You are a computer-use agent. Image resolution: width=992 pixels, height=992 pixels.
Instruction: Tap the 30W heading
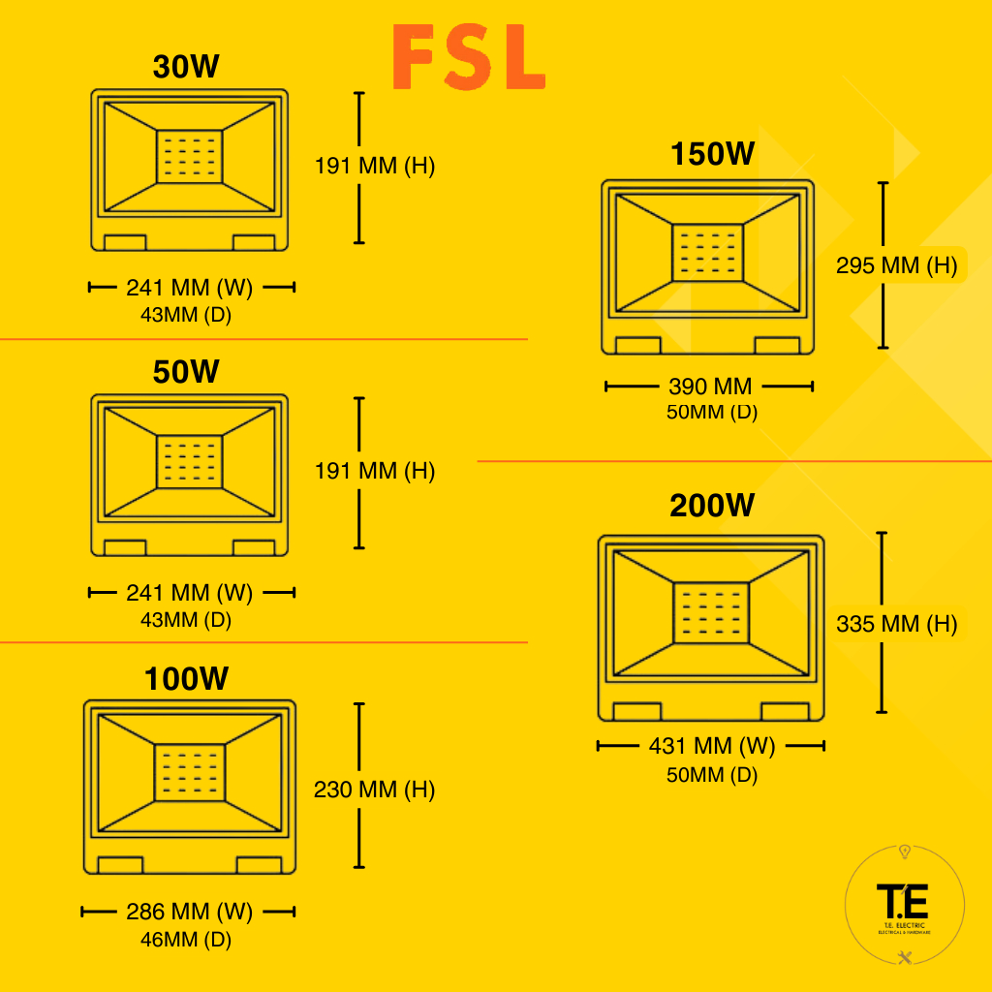coord(186,67)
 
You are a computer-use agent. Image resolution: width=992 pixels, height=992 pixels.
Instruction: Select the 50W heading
coord(186,372)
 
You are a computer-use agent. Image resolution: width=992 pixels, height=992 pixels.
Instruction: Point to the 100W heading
coord(186,679)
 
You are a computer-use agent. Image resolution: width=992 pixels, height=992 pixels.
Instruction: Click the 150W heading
coord(712,154)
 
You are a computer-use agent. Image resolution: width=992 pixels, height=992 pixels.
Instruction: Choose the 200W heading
coord(712,506)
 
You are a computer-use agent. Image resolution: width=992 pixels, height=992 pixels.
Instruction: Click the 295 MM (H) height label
coord(896,264)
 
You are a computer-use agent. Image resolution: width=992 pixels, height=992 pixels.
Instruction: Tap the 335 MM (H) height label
coord(896,625)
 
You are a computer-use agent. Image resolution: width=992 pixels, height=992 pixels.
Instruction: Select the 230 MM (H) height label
coord(374,790)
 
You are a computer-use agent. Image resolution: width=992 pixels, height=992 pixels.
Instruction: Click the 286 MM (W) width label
coord(189,912)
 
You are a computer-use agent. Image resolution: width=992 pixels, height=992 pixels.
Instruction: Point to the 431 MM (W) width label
coord(711,746)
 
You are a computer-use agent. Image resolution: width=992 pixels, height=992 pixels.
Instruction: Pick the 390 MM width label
coord(710,387)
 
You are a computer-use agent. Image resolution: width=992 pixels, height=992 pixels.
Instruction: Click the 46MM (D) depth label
coord(187,939)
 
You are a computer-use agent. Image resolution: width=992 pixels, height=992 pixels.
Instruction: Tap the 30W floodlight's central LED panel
coord(190,156)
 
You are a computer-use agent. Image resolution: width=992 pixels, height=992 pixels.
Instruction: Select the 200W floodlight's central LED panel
coord(711,612)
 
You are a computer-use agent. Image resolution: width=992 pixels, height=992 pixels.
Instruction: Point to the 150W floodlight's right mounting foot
coord(777,346)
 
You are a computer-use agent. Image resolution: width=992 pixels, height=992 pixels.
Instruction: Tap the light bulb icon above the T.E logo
coord(905,852)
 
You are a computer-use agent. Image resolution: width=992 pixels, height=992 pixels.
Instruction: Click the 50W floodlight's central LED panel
coord(190,462)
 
